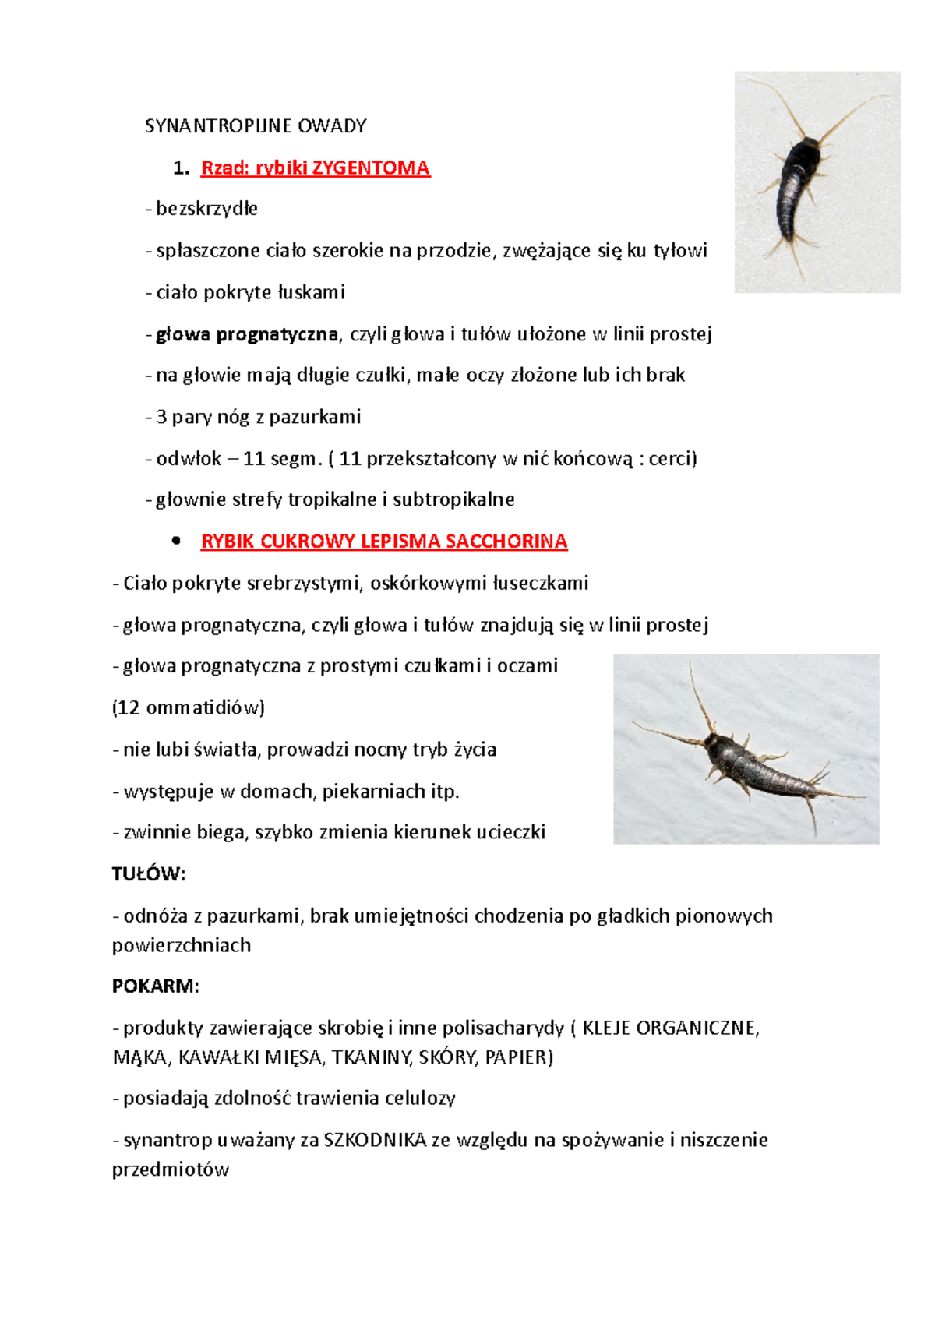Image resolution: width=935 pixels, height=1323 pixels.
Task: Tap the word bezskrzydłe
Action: point(206,209)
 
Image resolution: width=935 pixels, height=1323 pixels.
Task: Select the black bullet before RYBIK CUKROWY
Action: point(176,541)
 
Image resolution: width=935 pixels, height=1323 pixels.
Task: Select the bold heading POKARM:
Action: point(156,986)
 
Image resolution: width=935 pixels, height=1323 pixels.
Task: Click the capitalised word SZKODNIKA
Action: point(375,1141)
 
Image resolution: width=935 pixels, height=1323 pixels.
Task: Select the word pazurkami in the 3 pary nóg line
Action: point(315,417)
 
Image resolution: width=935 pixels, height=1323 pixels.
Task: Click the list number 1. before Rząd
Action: point(181,168)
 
